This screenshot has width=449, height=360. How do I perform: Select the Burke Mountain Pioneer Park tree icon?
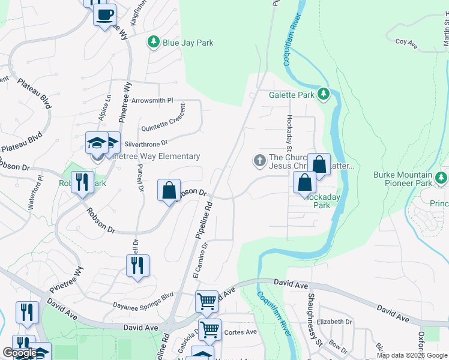point(442,178)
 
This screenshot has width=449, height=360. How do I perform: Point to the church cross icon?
point(259,160)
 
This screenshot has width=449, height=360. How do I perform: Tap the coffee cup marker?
point(104,15)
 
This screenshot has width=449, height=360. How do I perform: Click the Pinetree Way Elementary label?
point(157,157)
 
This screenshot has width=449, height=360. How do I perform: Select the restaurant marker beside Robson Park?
point(82,182)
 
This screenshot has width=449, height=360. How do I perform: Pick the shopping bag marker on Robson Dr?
point(169,190)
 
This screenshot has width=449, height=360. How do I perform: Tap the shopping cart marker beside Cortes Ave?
point(210,329)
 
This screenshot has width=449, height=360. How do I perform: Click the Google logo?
point(20,353)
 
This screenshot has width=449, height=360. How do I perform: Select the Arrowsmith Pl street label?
point(152,100)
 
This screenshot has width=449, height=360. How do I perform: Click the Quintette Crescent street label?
point(163,121)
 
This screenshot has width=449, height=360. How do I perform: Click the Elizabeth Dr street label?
point(334,322)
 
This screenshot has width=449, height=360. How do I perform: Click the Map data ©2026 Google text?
point(412,355)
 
